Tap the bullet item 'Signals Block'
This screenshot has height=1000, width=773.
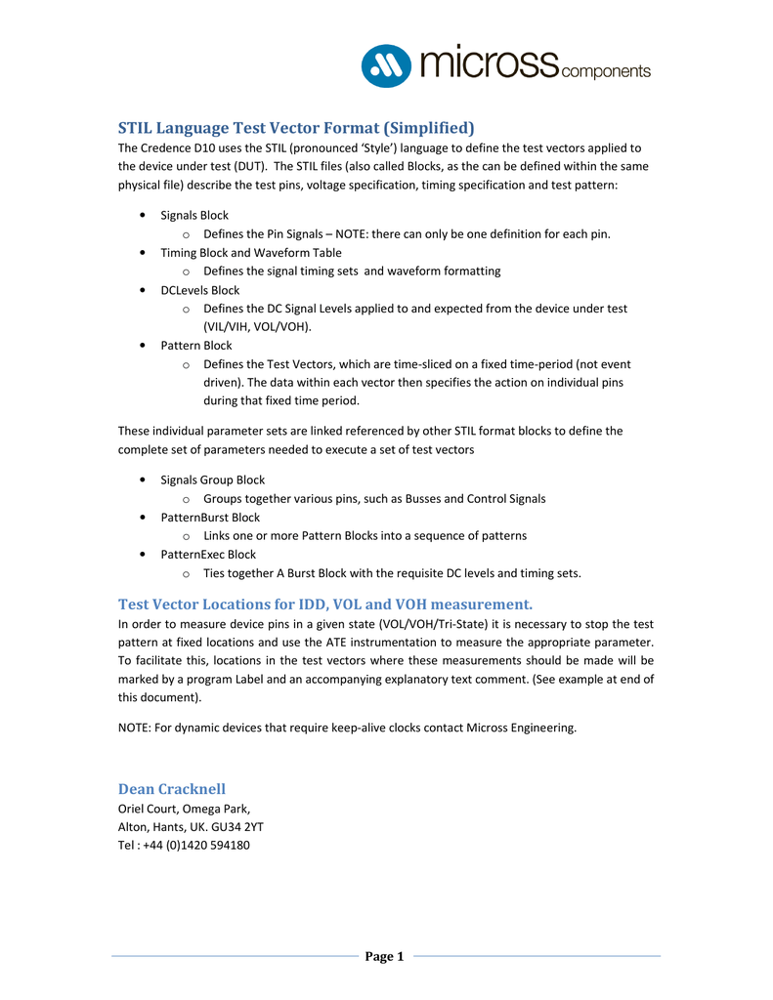[x=194, y=215]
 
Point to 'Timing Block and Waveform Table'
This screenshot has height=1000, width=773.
[x=251, y=252]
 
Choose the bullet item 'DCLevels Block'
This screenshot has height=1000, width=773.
[x=199, y=290]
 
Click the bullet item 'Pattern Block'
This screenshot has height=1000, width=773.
[x=195, y=345]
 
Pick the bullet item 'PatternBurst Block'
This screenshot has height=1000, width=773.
[x=210, y=517]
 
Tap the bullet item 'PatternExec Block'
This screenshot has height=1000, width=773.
[x=208, y=554]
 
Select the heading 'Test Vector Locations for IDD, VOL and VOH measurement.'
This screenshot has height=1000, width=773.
[x=325, y=604]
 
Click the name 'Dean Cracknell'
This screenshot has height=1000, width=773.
[x=172, y=788]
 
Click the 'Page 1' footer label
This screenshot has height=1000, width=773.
[x=385, y=956]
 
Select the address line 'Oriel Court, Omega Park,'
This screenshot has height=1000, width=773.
[x=184, y=808]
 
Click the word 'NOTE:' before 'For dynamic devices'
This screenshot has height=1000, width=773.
[x=134, y=727]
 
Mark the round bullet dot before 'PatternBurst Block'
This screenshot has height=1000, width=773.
[x=145, y=518]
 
